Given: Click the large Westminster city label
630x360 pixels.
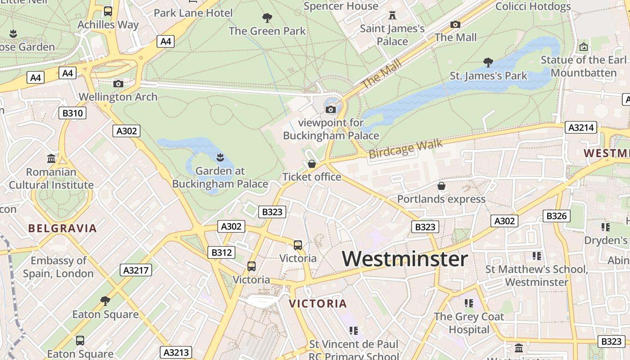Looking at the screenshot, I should point(405,259).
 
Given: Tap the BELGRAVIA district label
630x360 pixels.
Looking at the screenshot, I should point(63,228).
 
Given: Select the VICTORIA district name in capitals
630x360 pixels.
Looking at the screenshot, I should point(318,303).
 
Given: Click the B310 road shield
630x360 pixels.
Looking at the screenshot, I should point(72,113).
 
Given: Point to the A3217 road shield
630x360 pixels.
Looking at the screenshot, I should point(136,270).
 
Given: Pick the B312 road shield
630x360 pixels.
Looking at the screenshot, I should point(221,252).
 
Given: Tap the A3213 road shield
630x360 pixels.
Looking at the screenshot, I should point(176,352).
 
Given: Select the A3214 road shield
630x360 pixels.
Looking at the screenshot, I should point(580,128).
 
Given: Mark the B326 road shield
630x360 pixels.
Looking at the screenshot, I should point(556,216).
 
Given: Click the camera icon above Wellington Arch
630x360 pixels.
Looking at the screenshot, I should point(118,84).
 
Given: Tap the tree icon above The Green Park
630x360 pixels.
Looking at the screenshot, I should point(267,18).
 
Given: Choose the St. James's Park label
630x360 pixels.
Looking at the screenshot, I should point(488,76).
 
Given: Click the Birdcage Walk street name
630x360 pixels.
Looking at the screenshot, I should point(405,149).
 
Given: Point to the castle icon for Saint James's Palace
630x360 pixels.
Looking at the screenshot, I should point(392,16).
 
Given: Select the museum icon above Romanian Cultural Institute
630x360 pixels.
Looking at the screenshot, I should point(51,159).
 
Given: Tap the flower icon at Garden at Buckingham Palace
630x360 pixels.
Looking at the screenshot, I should point(220,157).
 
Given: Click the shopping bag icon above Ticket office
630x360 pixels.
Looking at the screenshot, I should point(311,164).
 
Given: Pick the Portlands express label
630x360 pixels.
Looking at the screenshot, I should point(441,199).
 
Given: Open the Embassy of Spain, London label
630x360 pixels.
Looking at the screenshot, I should point(58,267).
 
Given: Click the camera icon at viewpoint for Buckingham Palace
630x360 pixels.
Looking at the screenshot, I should point(331,109).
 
